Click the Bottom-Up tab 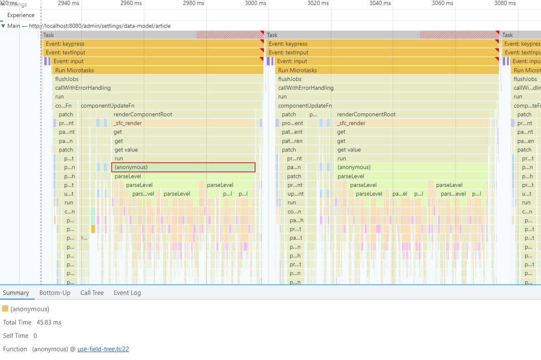[55, 293]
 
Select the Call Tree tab [92, 293]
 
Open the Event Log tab [127, 293]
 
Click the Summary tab [16, 293]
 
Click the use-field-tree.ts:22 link [103, 349]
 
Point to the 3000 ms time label [255, 3]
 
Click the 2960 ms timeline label [131, 3]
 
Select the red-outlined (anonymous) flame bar [183, 167]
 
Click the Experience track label [21, 15]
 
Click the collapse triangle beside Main [3, 26]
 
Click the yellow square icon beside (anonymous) [5, 309]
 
